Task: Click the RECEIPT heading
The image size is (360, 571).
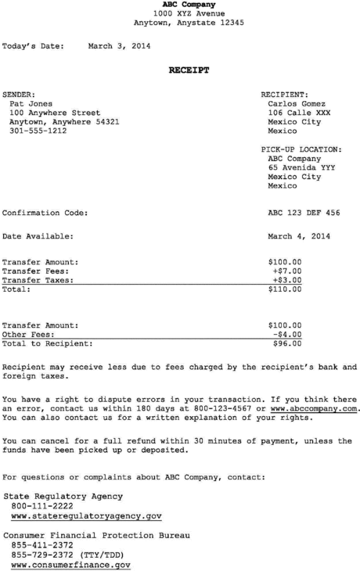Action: click(189, 70)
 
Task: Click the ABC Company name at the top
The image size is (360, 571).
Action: click(189, 5)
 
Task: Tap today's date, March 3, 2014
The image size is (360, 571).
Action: click(119, 46)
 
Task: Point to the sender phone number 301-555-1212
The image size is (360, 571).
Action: click(38, 131)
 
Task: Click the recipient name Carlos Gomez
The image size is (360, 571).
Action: click(297, 103)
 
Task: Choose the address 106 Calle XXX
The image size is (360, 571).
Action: click(299, 113)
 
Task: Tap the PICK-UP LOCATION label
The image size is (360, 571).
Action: click(301, 149)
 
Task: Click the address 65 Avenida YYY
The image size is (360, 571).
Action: click(301, 167)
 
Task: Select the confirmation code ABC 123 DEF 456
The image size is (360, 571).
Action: click(304, 213)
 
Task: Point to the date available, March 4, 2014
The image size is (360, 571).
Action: click(299, 236)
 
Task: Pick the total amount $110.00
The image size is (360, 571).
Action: click(284, 289)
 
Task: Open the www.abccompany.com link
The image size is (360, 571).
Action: click(313, 409)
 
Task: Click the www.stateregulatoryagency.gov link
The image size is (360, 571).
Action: click(86, 516)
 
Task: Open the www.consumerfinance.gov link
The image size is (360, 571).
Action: click(70, 565)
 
